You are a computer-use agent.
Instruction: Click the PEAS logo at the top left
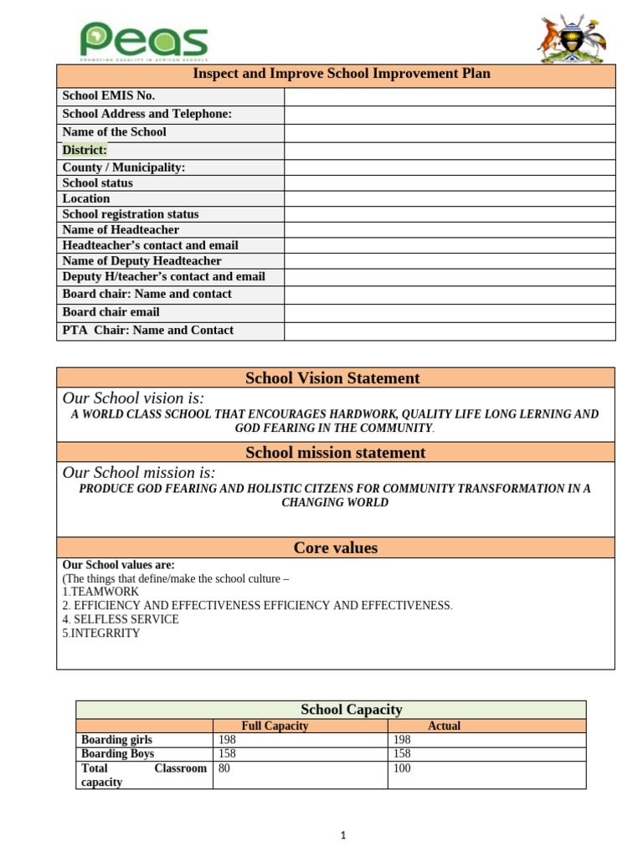point(143,42)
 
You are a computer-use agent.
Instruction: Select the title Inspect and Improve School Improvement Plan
point(342,74)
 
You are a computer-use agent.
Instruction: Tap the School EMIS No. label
point(109,96)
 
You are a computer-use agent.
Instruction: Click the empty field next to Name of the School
point(450,133)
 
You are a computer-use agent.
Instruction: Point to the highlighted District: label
point(85,151)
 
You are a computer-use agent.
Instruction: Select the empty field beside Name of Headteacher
point(450,230)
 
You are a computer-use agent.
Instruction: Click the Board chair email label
point(111,312)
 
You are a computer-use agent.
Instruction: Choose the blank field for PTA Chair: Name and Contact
point(450,331)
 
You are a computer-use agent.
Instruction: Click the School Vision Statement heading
point(332,378)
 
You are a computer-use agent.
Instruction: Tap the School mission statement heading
point(335,453)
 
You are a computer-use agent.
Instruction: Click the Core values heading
point(335,548)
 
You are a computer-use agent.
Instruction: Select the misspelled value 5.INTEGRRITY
point(101,634)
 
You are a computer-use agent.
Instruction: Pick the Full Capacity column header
point(275,726)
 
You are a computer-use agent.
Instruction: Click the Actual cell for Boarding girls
point(402,741)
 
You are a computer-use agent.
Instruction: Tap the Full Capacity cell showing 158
point(227,754)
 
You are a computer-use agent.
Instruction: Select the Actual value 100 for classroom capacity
point(402,768)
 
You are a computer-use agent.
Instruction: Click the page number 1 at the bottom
point(343,835)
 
